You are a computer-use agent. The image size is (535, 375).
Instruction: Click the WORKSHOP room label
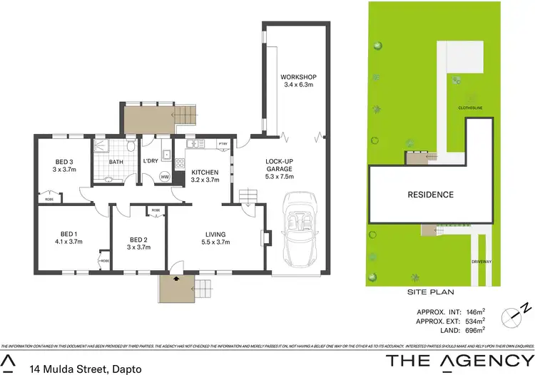pos(297,77)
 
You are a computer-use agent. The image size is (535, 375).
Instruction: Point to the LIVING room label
pos(215,234)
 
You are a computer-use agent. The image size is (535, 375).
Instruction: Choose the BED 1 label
pos(69,234)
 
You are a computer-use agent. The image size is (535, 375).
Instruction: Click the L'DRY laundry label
pos(150,161)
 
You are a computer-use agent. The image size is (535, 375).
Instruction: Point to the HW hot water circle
pos(165,177)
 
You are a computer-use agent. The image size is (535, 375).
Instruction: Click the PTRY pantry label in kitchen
pos(223,145)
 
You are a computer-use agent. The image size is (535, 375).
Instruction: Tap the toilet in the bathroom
pos(131,147)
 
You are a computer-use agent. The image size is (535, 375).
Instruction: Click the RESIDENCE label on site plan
pos(430,194)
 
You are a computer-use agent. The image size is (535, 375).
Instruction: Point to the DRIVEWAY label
pos(481,262)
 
